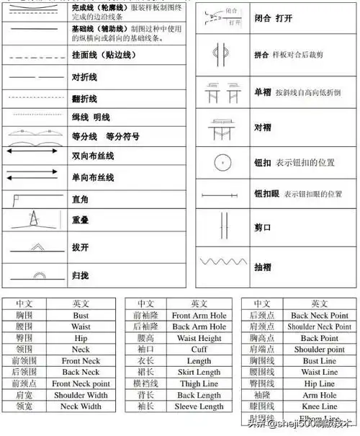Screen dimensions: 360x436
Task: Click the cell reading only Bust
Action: click(x=81, y=315)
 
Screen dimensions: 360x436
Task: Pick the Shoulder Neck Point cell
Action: click(x=319, y=326)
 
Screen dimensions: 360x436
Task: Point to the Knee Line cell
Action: click(x=319, y=406)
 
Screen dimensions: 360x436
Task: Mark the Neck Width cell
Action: click(x=81, y=406)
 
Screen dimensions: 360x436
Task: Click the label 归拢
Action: click(x=80, y=275)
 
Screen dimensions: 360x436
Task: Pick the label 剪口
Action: click(x=262, y=228)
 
